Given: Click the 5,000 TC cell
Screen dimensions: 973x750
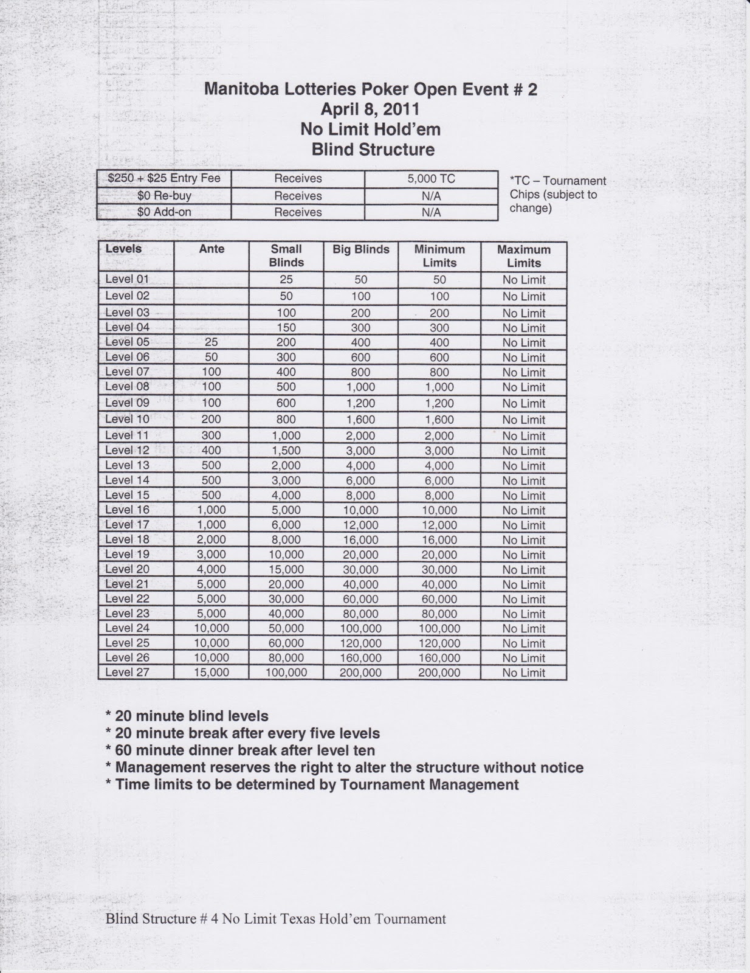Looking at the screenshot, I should pos(431,179).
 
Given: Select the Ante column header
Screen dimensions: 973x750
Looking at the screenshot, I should pos(212,249).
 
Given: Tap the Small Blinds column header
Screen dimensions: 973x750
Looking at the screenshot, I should pos(286,256).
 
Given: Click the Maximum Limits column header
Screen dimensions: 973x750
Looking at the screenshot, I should pos(523,257).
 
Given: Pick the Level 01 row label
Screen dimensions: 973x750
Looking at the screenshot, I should pos(127,279).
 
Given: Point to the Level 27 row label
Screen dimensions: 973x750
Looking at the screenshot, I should pos(127,672).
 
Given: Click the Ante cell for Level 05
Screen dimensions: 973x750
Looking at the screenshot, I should pos(212,342).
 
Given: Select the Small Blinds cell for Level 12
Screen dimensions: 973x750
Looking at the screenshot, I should pos(286,451).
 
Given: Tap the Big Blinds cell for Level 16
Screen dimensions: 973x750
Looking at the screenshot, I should pos(361,510).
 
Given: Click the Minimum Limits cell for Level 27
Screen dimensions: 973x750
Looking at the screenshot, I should pos(439,673).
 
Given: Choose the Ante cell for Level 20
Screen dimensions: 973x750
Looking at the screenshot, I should pos(212,570).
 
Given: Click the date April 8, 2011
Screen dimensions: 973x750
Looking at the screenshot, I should pos(370,109).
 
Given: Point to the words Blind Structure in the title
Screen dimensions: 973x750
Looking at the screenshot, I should pos(373,150).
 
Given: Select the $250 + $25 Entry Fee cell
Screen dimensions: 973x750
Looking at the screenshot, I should pos(164,179).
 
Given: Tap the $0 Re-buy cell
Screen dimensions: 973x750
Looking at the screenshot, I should pos(164,196).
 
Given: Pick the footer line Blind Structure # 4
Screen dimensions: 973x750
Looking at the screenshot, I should pos(275,919).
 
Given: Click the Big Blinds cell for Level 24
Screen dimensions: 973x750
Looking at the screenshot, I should pos(361,629).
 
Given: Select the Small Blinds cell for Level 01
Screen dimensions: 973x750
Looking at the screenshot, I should pos(286,280).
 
